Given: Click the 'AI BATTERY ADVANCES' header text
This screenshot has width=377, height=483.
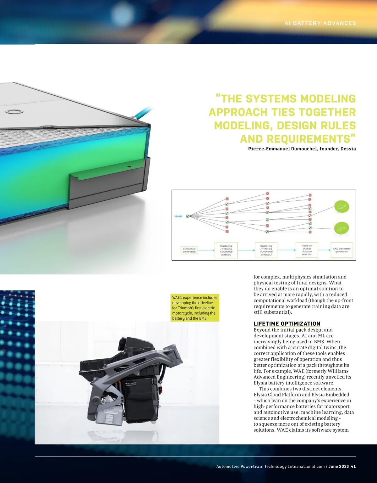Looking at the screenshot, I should point(320,23).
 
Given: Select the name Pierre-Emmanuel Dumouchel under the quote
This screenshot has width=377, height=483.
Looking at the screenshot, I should point(283,149).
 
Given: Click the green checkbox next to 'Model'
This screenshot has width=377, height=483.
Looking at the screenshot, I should point(188,216).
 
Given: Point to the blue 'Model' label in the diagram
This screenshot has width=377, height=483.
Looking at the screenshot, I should point(178,216).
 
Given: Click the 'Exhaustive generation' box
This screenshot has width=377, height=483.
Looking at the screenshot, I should point(189,250).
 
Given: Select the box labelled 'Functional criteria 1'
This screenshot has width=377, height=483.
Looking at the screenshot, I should point(226,250).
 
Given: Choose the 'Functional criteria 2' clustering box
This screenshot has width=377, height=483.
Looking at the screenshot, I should point(266,250).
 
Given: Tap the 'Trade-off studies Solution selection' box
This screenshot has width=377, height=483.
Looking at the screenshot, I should point(307,250).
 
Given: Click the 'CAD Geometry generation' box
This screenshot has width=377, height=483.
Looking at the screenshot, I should point(341,250).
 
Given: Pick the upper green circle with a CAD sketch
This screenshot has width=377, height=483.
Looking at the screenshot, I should point(341,207).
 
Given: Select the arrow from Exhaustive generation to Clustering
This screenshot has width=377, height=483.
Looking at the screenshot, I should point(206,250).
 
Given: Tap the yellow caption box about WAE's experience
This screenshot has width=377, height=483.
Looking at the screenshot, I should point(195,308).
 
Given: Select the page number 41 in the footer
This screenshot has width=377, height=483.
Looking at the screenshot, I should point(353,466).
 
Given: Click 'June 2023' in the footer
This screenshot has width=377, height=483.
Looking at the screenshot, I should point(339,466).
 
